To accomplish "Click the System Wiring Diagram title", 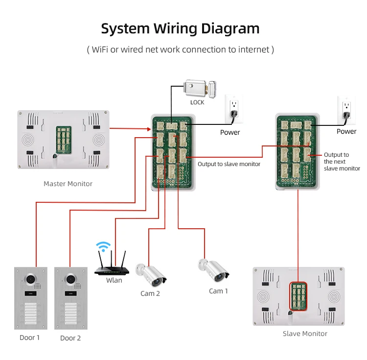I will click(x=180, y=28).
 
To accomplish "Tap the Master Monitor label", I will click(x=68, y=184).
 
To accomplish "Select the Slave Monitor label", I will click(x=305, y=334).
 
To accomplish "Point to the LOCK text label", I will click(x=197, y=102).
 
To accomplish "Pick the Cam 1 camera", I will click(x=214, y=269).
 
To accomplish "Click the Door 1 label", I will click(x=30, y=337).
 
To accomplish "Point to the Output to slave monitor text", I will click(x=229, y=164).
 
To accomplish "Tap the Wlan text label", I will click(x=114, y=280).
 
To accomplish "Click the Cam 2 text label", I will click(x=150, y=293).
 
